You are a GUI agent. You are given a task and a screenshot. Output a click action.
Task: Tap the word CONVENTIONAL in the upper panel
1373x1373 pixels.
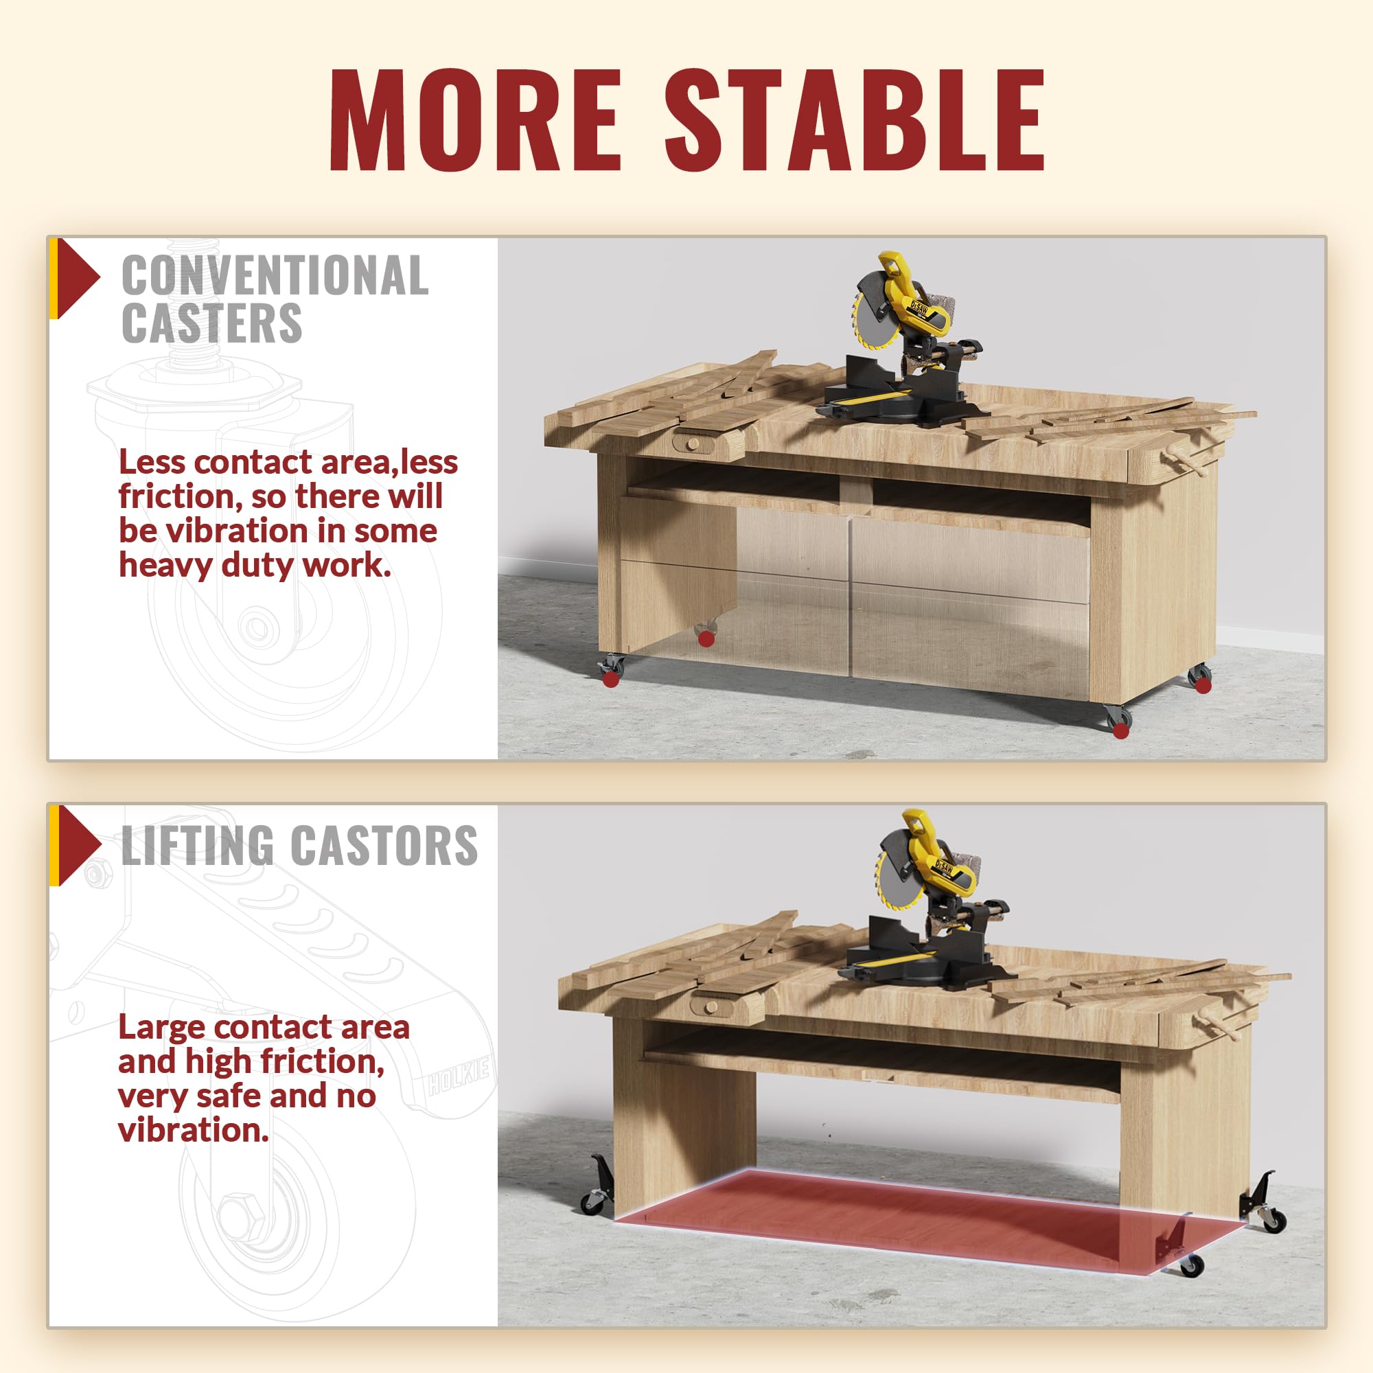point(275,275)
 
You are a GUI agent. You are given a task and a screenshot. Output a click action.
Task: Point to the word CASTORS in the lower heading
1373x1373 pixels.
point(384,846)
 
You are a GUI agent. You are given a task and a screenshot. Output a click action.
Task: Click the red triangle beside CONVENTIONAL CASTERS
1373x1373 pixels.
point(77,278)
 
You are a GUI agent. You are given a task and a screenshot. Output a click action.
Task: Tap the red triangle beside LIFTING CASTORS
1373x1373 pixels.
point(78,846)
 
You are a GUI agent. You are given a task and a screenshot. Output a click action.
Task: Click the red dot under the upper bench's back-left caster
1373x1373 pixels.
point(706,638)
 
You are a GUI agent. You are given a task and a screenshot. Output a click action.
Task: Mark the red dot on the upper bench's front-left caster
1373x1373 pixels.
point(610,680)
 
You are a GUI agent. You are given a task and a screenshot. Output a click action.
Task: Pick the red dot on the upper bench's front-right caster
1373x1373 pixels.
point(1121,731)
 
